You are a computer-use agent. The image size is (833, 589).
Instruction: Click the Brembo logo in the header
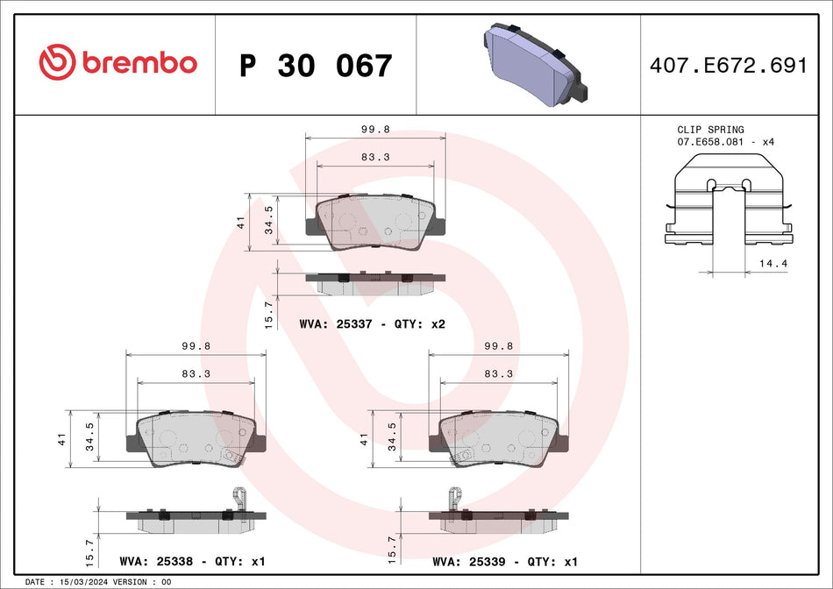(x=118, y=62)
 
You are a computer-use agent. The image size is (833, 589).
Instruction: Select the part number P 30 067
(x=316, y=66)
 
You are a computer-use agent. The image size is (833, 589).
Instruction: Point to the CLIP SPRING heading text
(x=709, y=130)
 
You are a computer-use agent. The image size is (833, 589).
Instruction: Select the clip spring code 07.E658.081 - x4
(x=724, y=141)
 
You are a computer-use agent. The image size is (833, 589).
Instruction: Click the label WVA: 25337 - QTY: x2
(x=373, y=324)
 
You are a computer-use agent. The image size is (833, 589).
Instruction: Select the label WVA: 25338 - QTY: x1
(x=192, y=561)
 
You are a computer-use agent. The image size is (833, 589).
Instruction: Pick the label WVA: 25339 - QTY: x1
(x=506, y=561)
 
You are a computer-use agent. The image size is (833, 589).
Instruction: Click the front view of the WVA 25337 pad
(x=374, y=223)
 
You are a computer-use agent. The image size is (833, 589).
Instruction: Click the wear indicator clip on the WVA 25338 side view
(x=235, y=501)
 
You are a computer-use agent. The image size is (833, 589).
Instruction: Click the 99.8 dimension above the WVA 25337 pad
(x=375, y=129)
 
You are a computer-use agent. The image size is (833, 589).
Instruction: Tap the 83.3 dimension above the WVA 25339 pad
(x=498, y=373)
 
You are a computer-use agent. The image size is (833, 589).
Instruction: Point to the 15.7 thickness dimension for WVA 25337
(x=270, y=310)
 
